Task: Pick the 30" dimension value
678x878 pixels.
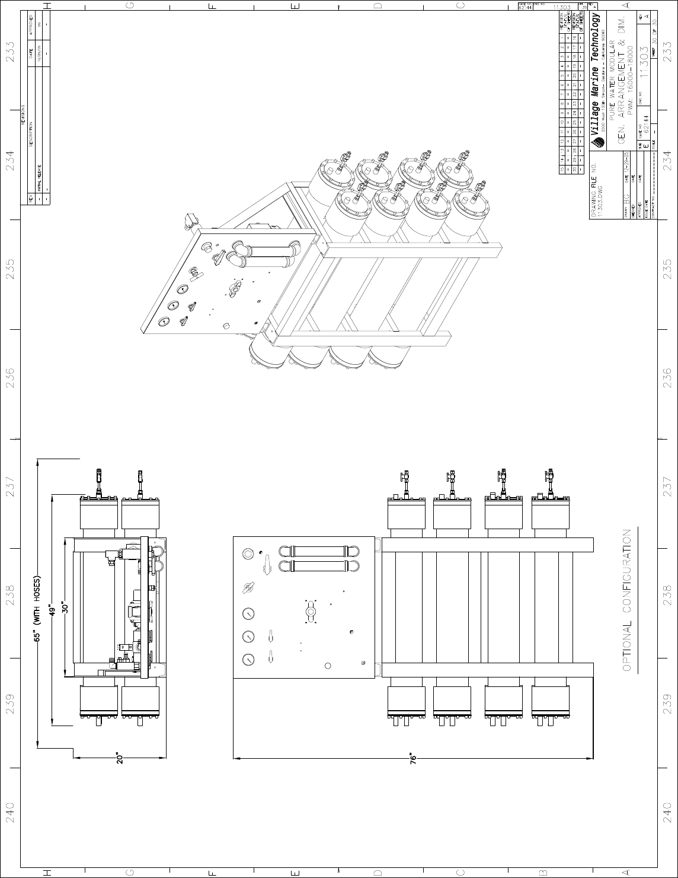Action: (66, 608)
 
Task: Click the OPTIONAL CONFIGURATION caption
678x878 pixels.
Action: (627, 600)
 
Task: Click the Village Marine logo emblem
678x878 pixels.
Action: (597, 142)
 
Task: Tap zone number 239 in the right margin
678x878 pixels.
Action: (667, 704)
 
